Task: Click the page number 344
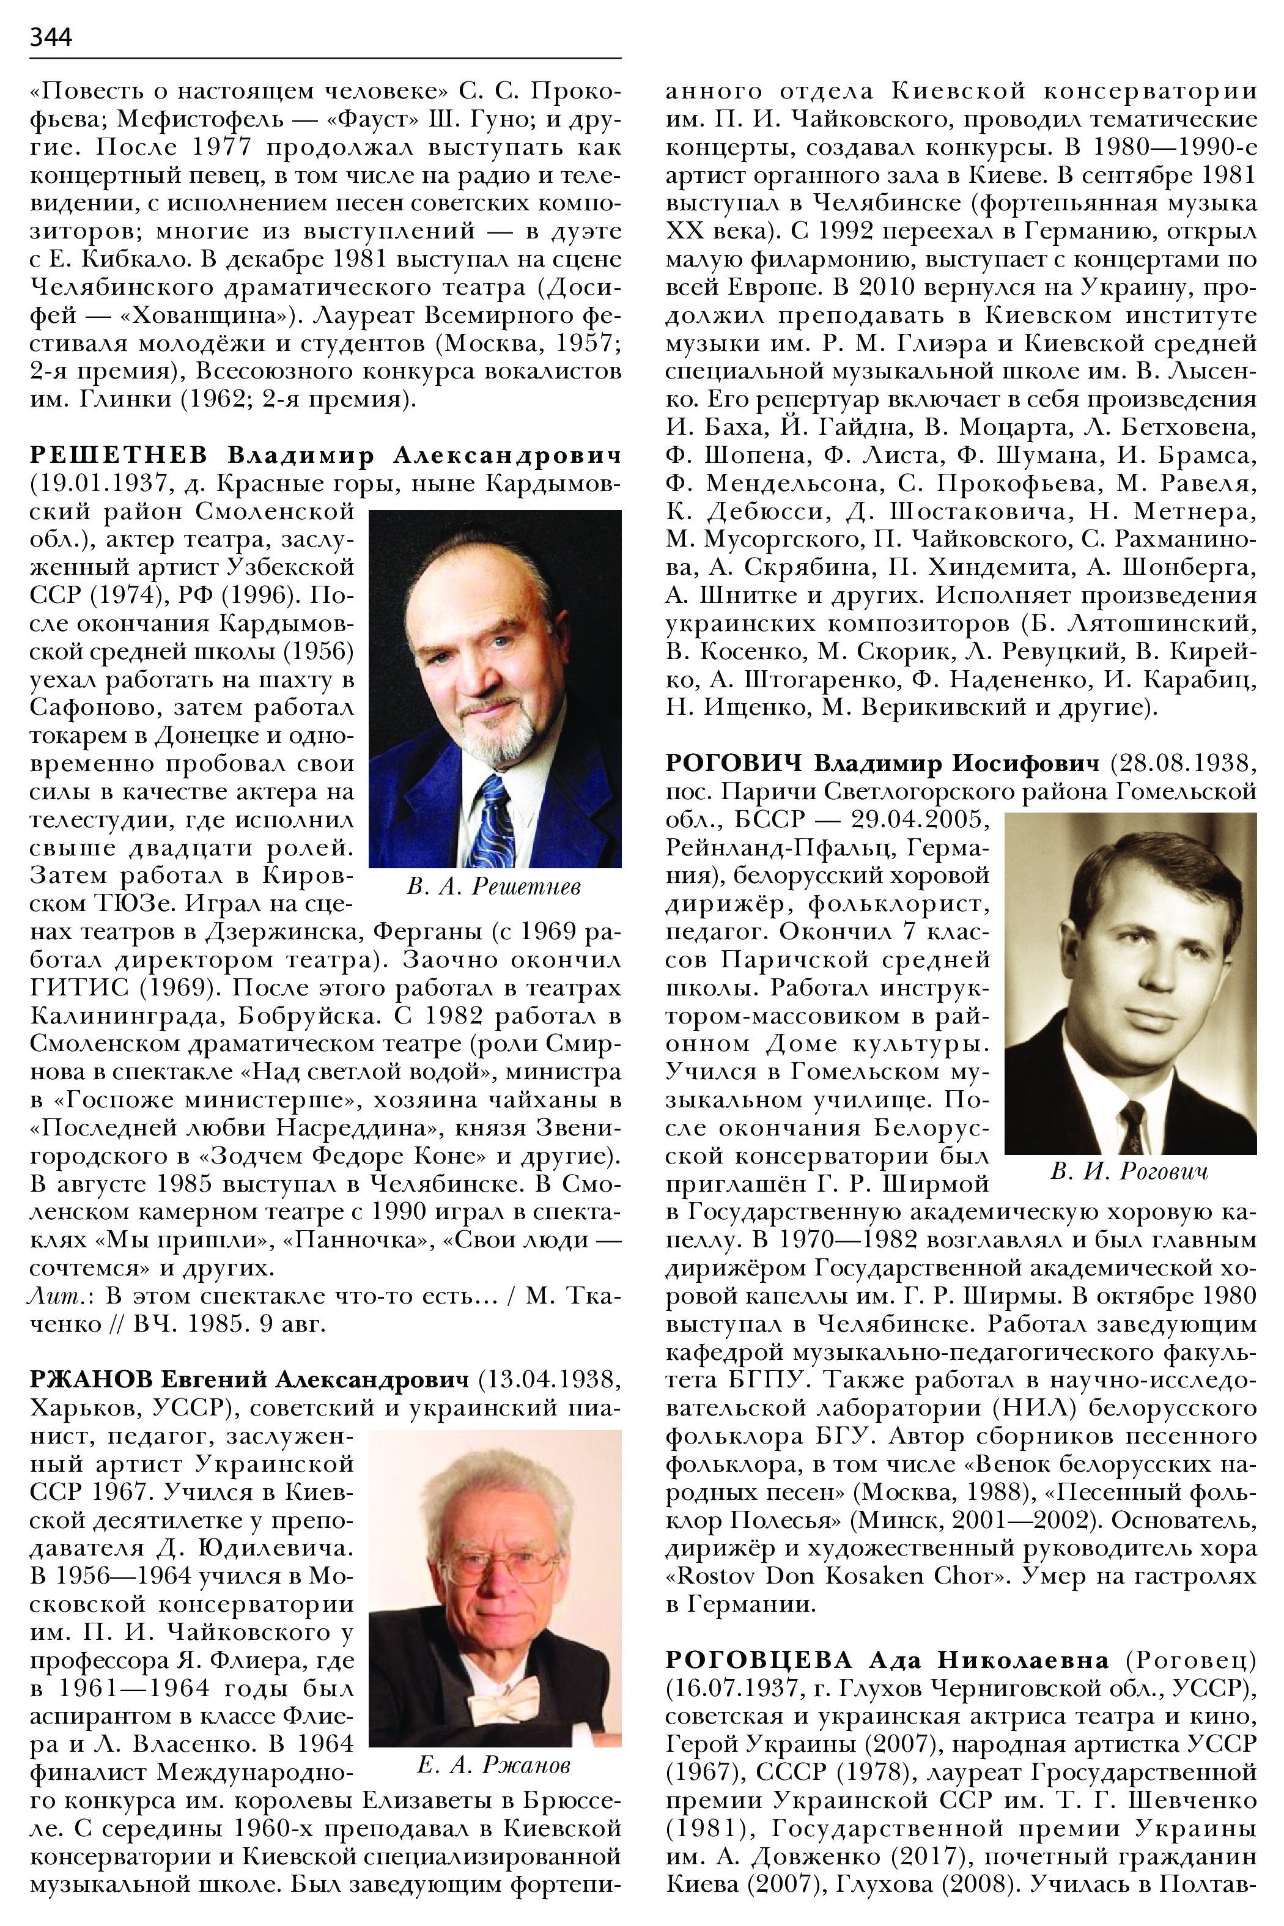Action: tap(51, 37)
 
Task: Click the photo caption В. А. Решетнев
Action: tap(494, 886)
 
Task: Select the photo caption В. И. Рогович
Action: tap(1129, 1172)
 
